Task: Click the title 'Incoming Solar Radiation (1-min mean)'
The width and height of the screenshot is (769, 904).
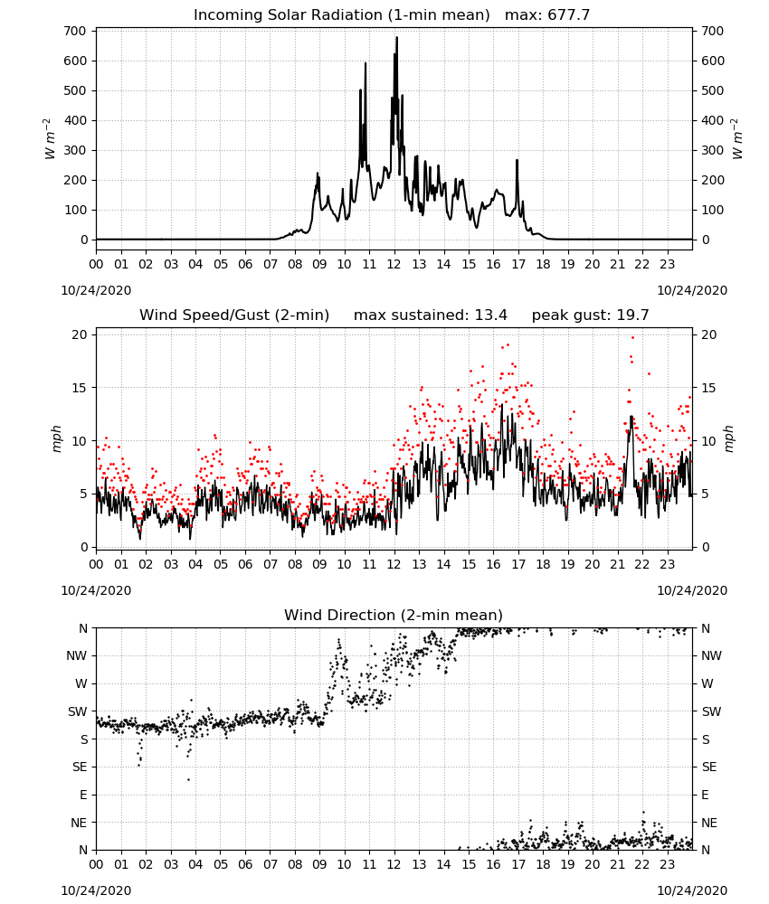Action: (x=341, y=14)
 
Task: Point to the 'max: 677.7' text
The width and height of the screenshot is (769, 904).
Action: (x=547, y=14)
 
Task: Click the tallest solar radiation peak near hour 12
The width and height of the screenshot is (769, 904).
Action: (x=397, y=38)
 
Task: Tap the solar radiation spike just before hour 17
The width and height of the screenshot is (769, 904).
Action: (x=517, y=161)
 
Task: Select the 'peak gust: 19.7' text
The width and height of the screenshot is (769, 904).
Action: (x=590, y=315)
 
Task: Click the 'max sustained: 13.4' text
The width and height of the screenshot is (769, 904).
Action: (x=431, y=315)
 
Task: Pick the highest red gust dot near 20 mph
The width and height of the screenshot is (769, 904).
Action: (x=633, y=338)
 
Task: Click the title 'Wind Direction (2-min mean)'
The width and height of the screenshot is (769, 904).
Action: (x=394, y=615)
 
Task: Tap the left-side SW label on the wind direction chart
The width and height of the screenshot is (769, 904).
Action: (x=77, y=711)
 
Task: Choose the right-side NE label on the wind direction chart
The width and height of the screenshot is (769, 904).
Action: (x=709, y=823)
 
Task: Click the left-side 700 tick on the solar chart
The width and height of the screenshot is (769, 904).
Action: (x=76, y=31)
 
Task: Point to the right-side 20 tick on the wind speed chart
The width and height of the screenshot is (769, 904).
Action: (x=709, y=335)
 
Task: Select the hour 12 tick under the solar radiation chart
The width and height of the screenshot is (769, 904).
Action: (x=394, y=265)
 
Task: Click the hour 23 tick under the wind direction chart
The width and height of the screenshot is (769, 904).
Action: (x=667, y=865)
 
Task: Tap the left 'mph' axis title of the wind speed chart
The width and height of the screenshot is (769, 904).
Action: (x=56, y=438)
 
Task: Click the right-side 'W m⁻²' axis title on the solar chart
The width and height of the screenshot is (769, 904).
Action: (x=738, y=139)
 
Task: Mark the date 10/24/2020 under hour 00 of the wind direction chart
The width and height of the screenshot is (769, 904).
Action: (x=96, y=890)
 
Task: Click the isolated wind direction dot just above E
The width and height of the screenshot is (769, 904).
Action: (x=188, y=779)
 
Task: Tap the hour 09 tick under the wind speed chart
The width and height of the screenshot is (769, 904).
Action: (x=319, y=564)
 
